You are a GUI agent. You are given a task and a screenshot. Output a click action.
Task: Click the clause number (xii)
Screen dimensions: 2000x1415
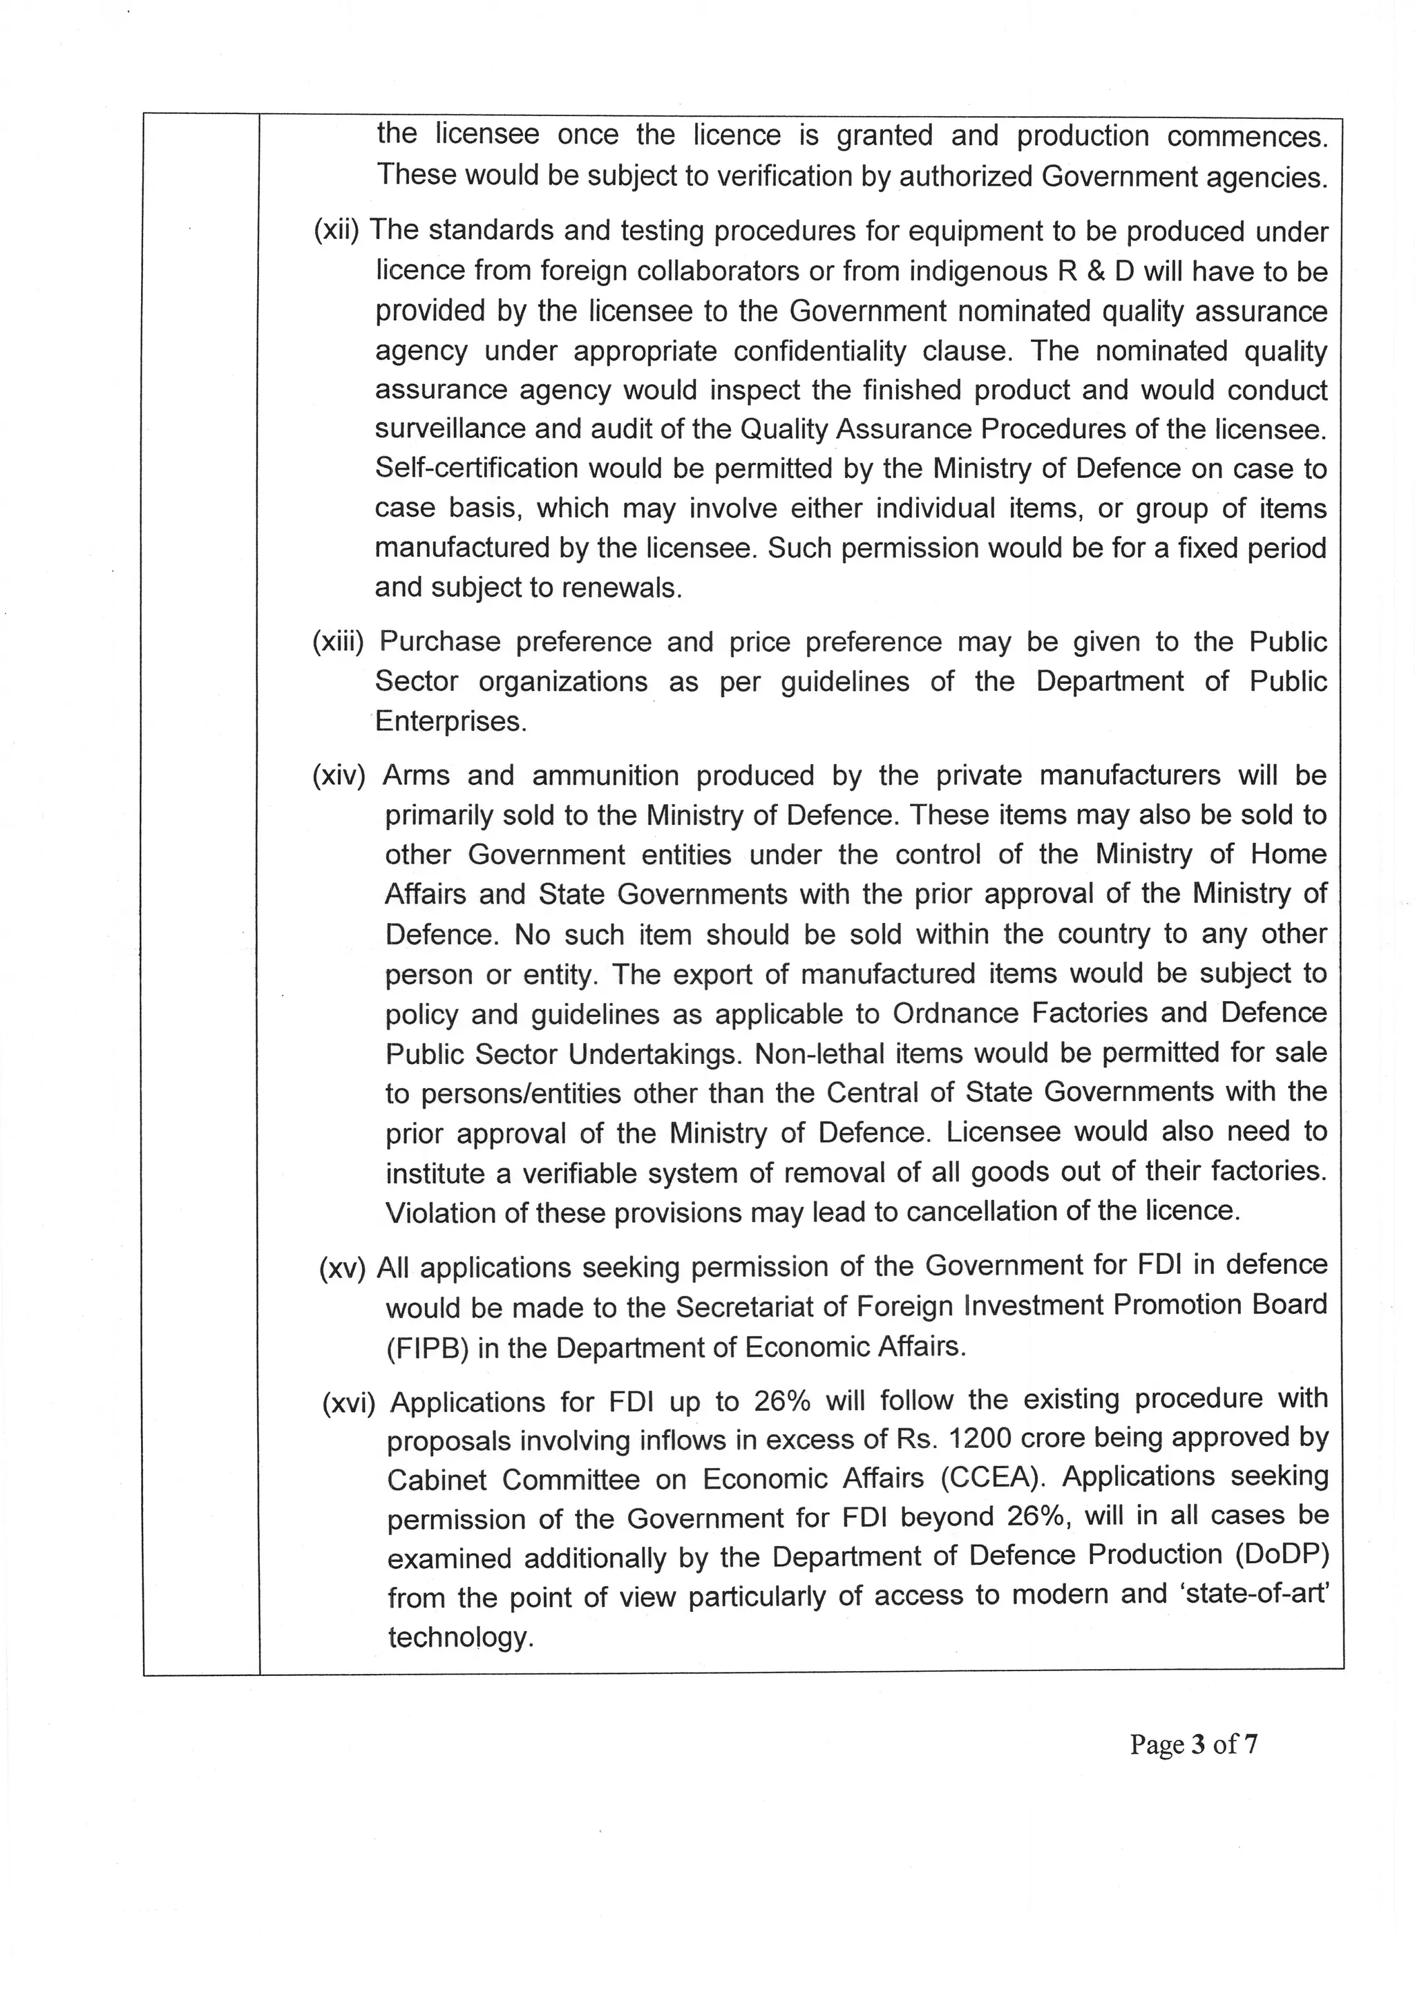pyautogui.click(x=337, y=231)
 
